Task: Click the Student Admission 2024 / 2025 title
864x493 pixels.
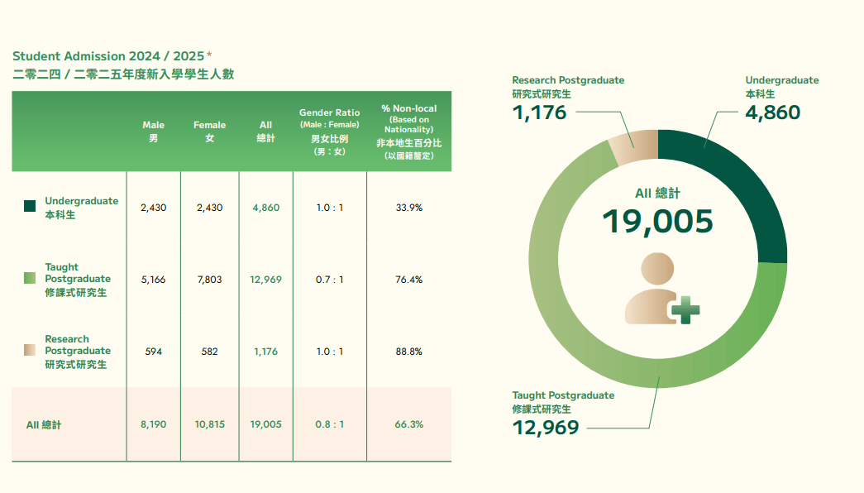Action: [x=107, y=56]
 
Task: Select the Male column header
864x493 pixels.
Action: [x=153, y=132]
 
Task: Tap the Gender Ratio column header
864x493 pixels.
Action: [x=329, y=132]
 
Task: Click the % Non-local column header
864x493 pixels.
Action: [x=408, y=132]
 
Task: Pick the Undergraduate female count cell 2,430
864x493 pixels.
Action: [x=209, y=208]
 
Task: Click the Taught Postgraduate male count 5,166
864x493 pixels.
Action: [x=153, y=280]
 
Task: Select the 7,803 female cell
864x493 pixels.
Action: [x=209, y=280]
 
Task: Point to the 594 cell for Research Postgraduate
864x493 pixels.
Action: [x=153, y=352]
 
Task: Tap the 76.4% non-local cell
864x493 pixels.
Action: [x=408, y=280]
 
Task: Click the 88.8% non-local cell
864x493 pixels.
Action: [x=408, y=352]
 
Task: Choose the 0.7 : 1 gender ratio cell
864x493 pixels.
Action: [x=329, y=280]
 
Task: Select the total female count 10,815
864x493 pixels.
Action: [x=209, y=424]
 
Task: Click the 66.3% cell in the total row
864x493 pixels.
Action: [x=408, y=424]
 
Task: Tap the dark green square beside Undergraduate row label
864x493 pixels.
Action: [x=30, y=207]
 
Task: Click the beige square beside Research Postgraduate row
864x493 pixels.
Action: [x=30, y=351]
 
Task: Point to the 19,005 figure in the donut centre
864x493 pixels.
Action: [x=657, y=221]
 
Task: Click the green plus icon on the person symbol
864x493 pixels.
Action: [x=685, y=311]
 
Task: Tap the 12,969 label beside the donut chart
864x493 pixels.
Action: [x=546, y=427]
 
